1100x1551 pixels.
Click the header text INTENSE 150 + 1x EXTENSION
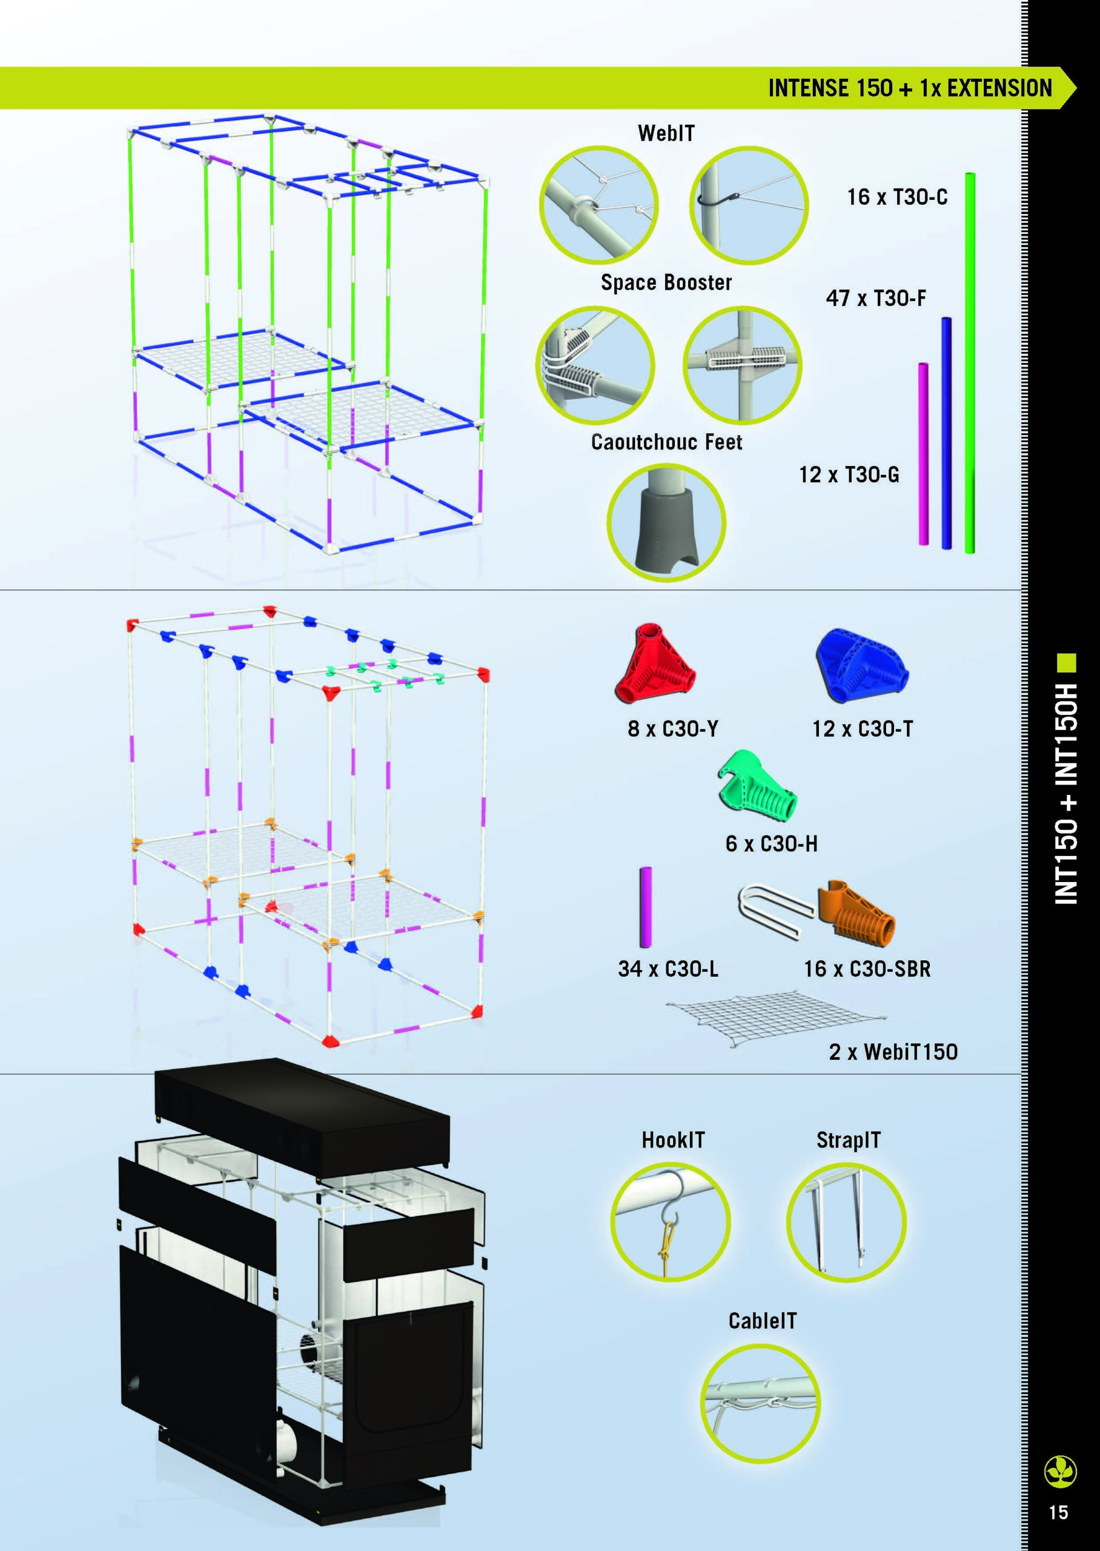pyautogui.click(x=910, y=88)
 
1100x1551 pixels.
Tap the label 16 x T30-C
pyautogui.click(x=897, y=197)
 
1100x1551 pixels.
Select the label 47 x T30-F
pyautogui.click(x=876, y=298)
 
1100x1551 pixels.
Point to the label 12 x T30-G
pyautogui.click(x=849, y=474)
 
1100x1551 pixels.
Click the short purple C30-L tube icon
pyautogui.click(x=646, y=906)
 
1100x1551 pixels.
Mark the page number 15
pyautogui.click(x=1058, y=1512)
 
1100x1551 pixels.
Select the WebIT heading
pyautogui.click(x=666, y=133)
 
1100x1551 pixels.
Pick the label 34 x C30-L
pyautogui.click(x=668, y=969)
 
